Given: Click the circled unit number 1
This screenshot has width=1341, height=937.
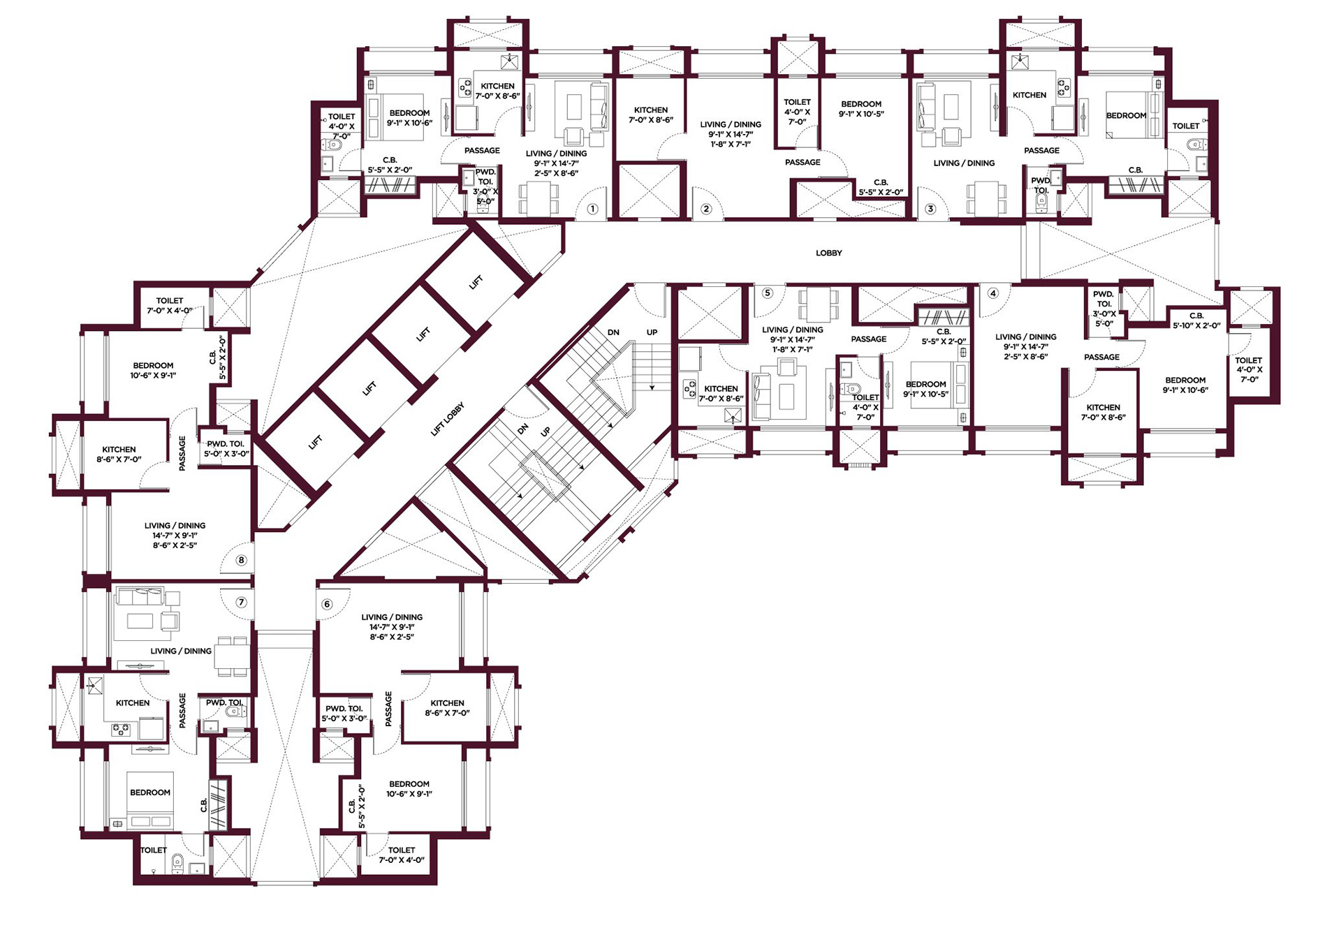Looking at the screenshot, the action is click(592, 209).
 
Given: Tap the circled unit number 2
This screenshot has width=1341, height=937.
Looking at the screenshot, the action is click(706, 209).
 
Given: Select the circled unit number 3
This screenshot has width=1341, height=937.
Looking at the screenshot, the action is click(930, 209).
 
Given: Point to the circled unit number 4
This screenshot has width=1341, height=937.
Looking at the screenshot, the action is click(993, 293).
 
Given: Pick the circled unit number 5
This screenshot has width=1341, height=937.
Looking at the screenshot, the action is click(768, 293).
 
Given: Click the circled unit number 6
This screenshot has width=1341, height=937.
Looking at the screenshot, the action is click(327, 605).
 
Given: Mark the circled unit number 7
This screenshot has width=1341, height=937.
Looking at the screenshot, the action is click(242, 602).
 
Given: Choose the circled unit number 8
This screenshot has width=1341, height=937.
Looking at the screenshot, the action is click(242, 560).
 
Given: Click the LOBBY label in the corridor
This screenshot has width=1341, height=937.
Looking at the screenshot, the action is click(829, 253).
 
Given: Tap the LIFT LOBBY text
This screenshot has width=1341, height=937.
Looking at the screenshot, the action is click(448, 420).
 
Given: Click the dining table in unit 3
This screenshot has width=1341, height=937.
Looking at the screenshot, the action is click(987, 198).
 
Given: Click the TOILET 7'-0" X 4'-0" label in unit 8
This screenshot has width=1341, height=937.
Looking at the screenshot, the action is click(170, 306).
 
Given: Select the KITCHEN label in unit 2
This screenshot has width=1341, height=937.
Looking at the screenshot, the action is click(651, 110).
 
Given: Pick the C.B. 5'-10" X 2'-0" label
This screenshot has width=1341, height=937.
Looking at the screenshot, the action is click(1196, 320).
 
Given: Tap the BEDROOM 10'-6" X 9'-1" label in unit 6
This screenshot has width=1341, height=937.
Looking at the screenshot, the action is click(409, 789).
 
